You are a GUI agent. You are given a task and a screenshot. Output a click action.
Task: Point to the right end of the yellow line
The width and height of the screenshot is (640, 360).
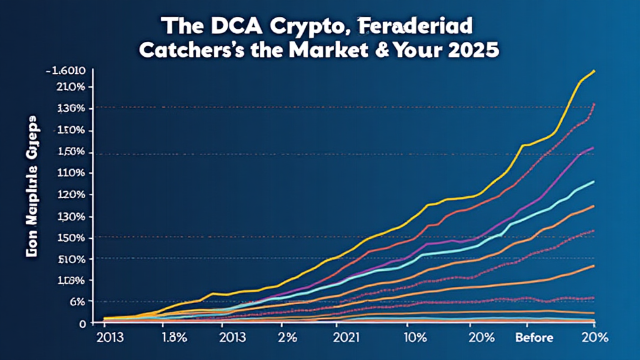click(594, 71)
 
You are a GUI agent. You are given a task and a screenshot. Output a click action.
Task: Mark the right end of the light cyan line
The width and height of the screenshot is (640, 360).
click(593, 182)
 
